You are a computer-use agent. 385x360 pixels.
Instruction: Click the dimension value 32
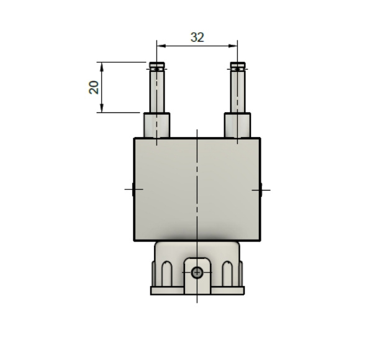point(197,37)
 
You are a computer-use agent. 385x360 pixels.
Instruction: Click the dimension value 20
point(94,88)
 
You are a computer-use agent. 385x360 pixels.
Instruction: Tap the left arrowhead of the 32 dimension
point(161,46)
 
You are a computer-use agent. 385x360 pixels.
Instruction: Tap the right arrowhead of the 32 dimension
point(233,46)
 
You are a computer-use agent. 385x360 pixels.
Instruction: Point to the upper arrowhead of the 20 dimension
point(102,66)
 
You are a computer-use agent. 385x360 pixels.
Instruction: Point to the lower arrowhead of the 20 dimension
point(102,108)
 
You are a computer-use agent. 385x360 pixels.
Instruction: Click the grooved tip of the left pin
point(157,67)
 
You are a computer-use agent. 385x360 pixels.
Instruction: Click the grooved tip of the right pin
point(237,67)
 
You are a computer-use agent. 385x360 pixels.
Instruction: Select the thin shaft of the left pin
point(157,92)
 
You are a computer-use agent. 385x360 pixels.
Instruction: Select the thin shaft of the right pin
point(237,92)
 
